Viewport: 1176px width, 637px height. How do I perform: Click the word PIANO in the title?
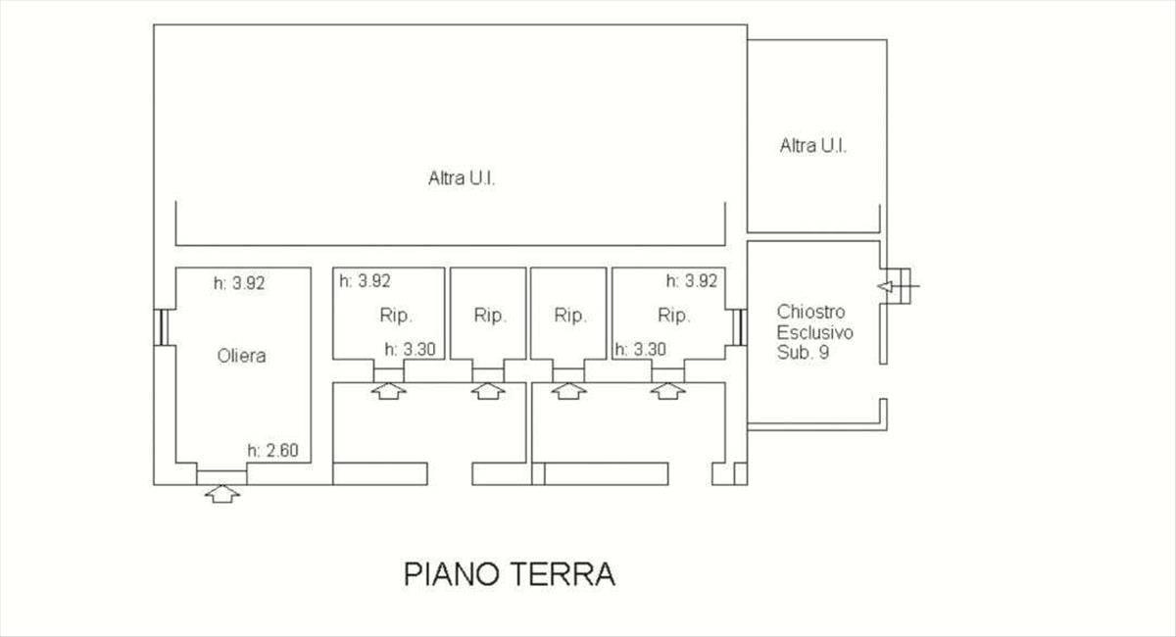point(450,573)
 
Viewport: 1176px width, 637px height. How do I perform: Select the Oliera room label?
point(241,356)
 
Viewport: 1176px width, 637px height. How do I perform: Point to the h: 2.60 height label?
point(278,452)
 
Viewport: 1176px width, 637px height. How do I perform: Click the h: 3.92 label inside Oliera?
point(239,283)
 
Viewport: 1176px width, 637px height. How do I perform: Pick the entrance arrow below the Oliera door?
point(222,494)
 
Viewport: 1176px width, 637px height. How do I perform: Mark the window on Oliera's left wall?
point(159,326)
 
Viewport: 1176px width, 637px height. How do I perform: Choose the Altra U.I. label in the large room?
point(462,179)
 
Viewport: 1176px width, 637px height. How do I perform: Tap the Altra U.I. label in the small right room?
point(813,146)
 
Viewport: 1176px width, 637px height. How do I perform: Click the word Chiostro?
point(809,312)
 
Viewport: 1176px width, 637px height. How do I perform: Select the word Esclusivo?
point(814,332)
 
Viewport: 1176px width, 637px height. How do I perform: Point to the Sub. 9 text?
point(803,353)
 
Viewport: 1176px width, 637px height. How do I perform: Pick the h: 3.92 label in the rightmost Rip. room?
point(692,280)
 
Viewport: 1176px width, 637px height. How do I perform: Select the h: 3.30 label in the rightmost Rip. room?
point(640,348)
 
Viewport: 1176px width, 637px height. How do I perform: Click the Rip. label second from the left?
point(489,316)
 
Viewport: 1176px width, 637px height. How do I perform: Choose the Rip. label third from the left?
point(569,316)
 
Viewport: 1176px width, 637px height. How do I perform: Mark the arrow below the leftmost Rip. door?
point(390,391)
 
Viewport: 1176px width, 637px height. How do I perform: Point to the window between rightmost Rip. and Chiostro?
point(739,326)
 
